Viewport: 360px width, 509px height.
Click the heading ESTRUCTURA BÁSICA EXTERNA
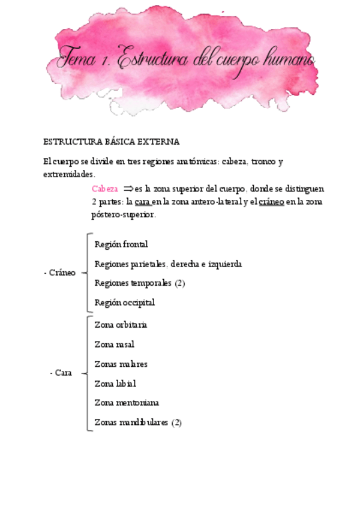point(112,142)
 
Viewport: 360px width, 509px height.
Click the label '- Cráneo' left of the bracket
point(60,273)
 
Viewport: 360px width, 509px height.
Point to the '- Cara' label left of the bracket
point(61,373)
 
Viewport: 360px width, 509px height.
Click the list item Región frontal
point(121,244)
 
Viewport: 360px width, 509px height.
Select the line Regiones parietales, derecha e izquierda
point(168,264)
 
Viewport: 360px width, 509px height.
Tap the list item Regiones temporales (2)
point(139,283)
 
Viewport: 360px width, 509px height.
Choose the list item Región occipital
point(125,303)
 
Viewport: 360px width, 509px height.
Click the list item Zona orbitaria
point(121,325)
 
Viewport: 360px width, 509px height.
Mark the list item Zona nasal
point(115,344)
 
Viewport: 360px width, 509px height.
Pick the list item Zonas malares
point(121,364)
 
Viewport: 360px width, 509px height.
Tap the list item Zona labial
point(115,383)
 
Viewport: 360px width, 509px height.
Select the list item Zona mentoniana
point(127,402)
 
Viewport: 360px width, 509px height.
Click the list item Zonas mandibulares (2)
point(138,422)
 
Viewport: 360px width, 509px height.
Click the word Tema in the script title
point(78,61)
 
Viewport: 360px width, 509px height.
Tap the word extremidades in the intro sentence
point(68,175)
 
